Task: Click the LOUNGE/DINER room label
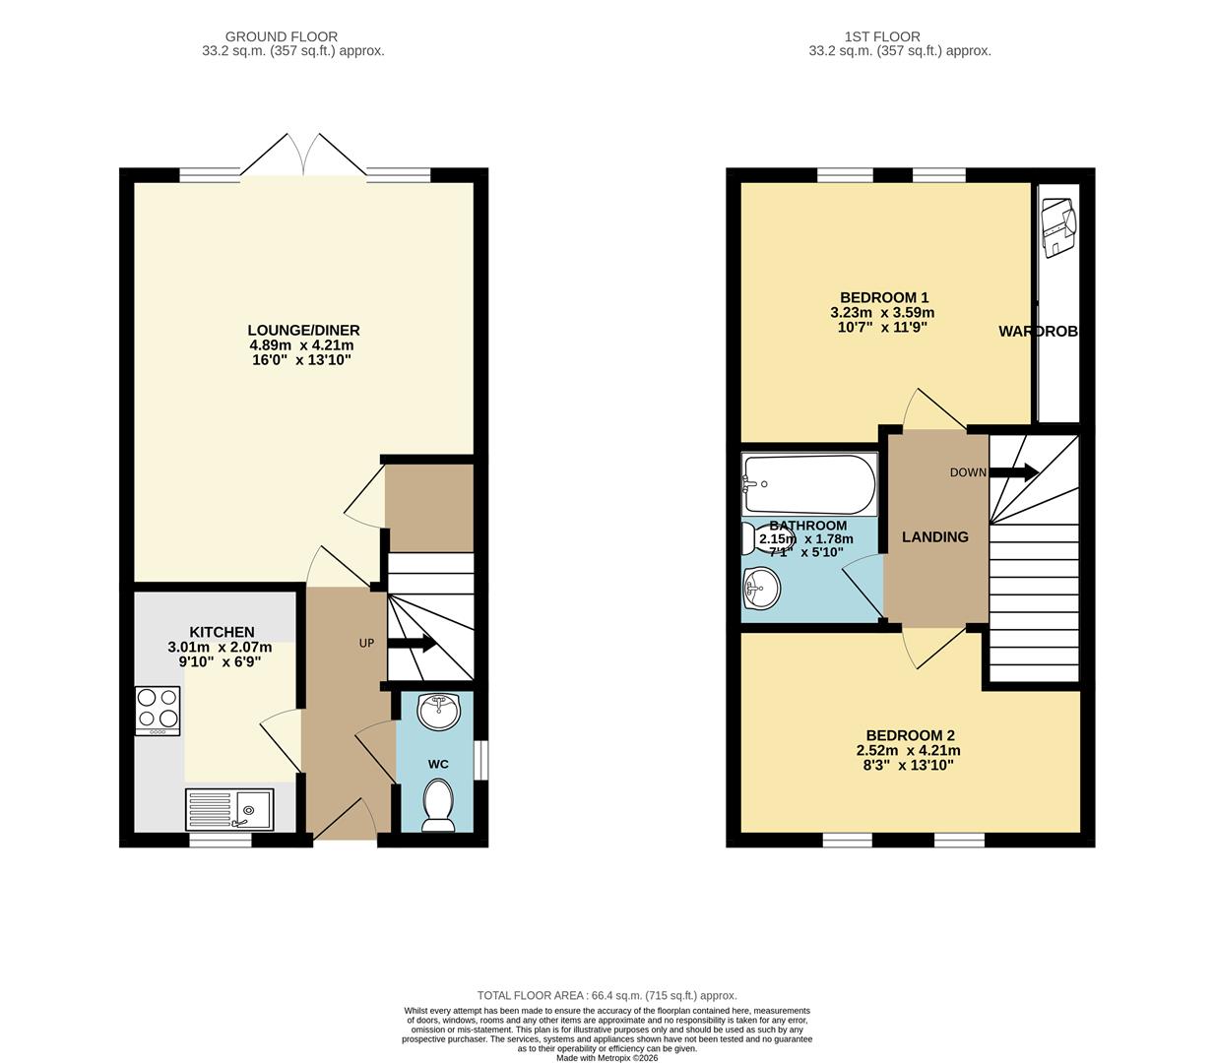[x=303, y=330]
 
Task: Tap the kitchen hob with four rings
[x=158, y=711]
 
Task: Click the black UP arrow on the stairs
[x=414, y=645]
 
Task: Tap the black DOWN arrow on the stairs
[x=1014, y=472]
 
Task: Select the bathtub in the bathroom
[x=808, y=484]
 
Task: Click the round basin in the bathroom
[x=761, y=590]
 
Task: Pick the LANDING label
[x=935, y=537]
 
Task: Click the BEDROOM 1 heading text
[x=883, y=297]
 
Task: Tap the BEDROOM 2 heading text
[x=910, y=735]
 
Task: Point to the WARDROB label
[x=1038, y=332]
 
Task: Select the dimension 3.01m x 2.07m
[x=220, y=648]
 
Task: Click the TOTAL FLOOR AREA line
[x=607, y=996]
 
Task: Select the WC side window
[x=480, y=759]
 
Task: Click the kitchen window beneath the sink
[x=221, y=840]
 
